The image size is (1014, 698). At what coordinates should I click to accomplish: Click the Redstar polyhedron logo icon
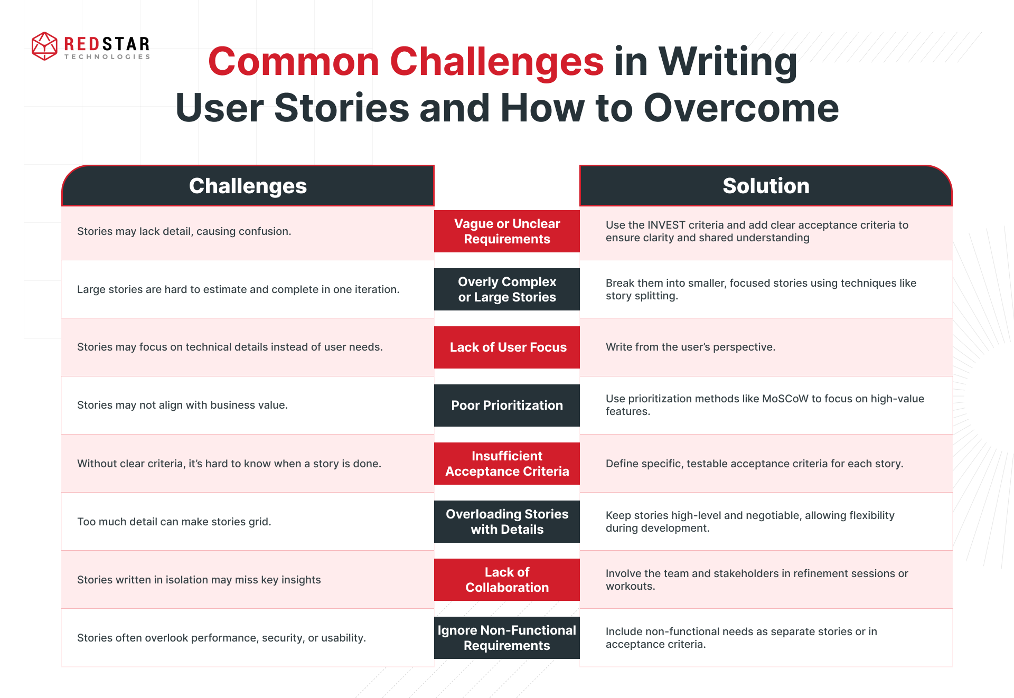(44, 46)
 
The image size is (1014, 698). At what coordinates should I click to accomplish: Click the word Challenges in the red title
(496, 62)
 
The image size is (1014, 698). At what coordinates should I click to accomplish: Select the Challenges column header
(248, 186)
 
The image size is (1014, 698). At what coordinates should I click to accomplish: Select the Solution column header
(766, 186)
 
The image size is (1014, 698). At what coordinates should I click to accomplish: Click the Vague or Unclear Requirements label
(507, 231)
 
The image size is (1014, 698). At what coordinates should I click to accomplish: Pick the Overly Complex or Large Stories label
(507, 289)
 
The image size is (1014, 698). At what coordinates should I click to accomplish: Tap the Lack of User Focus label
(507, 347)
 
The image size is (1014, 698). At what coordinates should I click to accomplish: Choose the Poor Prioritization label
(507, 405)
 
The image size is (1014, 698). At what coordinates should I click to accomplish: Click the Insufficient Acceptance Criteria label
(507, 464)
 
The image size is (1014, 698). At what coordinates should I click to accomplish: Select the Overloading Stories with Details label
(507, 522)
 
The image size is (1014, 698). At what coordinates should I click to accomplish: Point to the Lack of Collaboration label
(507, 580)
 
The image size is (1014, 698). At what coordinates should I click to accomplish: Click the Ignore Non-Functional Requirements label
(507, 638)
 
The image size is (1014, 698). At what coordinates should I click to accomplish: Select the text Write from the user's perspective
(690, 347)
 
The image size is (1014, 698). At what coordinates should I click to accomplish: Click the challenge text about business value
(182, 405)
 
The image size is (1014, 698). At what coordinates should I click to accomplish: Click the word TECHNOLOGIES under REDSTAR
(107, 57)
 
